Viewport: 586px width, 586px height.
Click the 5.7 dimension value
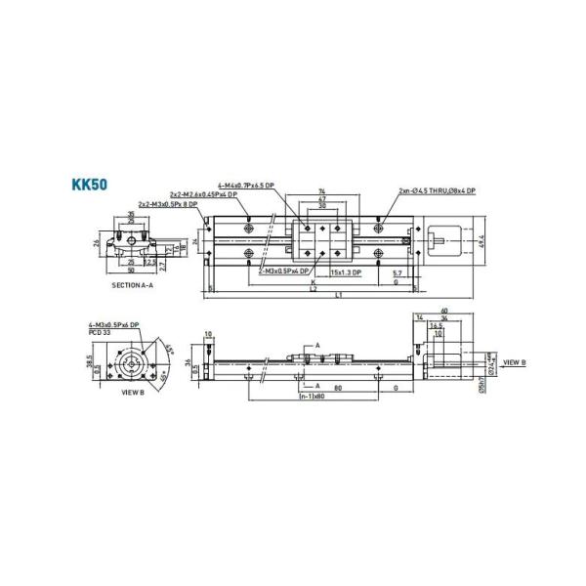398,272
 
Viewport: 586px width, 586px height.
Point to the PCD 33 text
102,331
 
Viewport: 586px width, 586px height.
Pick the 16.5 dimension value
437,326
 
